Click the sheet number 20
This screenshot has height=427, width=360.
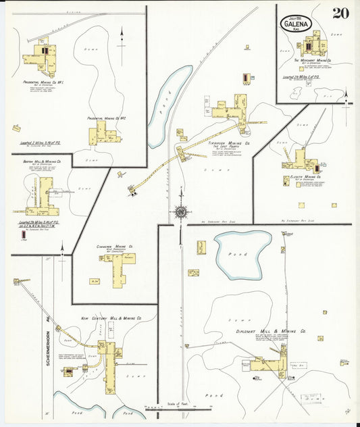340,13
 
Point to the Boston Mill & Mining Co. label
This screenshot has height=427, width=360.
45,162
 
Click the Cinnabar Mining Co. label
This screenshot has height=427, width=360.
115,247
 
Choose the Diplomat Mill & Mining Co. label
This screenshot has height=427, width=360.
280,332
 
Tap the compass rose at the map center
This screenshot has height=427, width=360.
180,212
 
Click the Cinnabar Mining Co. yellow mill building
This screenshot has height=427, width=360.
120,267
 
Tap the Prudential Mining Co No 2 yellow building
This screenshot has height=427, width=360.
103,132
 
